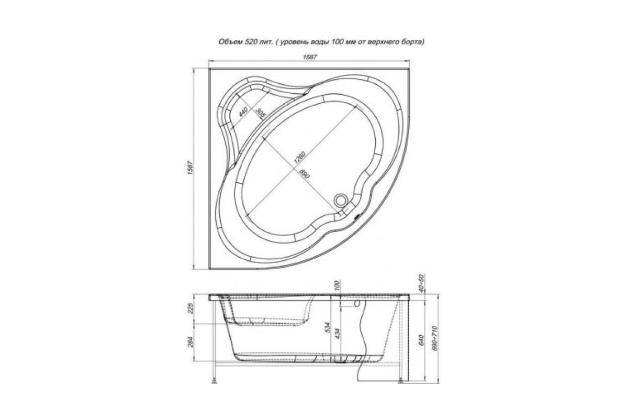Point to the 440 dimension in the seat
243,112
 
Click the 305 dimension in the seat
260,113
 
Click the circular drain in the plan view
341,200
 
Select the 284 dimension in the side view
191,342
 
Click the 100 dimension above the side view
338,286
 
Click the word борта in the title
412,41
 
